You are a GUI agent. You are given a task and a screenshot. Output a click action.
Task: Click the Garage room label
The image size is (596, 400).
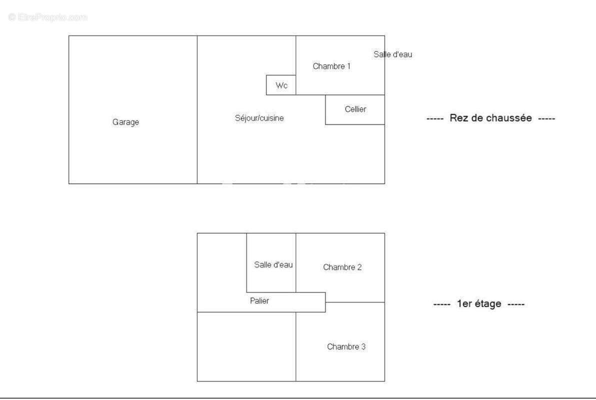pyautogui.click(x=125, y=122)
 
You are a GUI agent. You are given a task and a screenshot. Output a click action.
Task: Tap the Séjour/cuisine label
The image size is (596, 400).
pyautogui.click(x=259, y=118)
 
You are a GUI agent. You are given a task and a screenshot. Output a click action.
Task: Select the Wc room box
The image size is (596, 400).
pyautogui.click(x=281, y=85)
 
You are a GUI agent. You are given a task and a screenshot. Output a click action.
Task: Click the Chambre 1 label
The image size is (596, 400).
pyautogui.click(x=331, y=66)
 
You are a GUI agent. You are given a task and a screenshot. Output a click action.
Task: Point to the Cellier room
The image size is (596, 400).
pyautogui.click(x=355, y=109)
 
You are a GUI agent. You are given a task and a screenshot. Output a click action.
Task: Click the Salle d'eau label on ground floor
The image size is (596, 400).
pyautogui.click(x=392, y=54)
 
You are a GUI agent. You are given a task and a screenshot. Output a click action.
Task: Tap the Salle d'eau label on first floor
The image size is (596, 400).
pyautogui.click(x=273, y=264)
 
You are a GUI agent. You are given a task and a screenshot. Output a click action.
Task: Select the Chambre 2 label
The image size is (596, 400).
pyautogui.click(x=342, y=267)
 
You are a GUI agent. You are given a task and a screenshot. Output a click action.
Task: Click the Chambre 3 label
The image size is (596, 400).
pyautogui.click(x=346, y=347)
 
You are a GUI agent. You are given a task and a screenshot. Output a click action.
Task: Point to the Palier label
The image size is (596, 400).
pyautogui.click(x=259, y=301)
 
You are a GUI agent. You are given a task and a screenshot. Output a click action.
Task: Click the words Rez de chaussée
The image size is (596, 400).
pyautogui.click(x=490, y=118)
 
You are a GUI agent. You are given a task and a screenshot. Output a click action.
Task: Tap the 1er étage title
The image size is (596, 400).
pyautogui.click(x=479, y=304)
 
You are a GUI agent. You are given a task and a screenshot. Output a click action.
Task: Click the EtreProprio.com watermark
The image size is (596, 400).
pyautogui.click(x=48, y=17)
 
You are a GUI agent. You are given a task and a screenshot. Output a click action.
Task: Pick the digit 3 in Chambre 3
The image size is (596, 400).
pyautogui.click(x=363, y=347)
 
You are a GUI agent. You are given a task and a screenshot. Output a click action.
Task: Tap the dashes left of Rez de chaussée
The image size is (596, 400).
pyautogui.click(x=435, y=118)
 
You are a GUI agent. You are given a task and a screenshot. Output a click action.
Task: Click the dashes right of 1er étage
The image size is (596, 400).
pyautogui.click(x=516, y=304)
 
